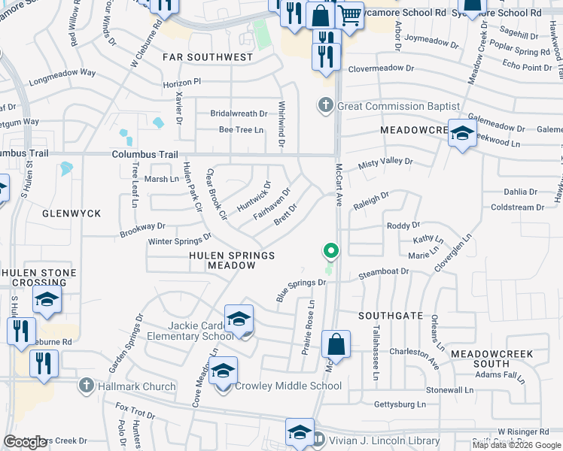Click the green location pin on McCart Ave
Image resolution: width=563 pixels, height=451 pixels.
(329, 251)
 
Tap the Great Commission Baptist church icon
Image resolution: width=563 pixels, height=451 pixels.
(325, 105)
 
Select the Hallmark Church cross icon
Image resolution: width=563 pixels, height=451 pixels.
(86, 386)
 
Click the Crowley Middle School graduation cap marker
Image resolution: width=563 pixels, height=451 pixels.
(223, 371)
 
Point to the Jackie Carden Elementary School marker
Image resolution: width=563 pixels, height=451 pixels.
(239, 320)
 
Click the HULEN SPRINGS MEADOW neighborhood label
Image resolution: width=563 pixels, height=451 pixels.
(231, 260)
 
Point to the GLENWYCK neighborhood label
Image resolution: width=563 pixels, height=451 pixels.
(72, 213)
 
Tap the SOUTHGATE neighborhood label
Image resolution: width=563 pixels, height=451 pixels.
(391, 316)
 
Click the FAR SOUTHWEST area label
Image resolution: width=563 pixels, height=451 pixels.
(208, 57)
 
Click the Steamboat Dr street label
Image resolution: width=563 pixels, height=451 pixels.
(383, 271)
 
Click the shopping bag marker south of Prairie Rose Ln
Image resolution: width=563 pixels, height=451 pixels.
(336, 345)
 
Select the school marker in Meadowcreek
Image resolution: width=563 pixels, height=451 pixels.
(461, 134)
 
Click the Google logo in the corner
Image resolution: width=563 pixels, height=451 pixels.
(26, 442)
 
